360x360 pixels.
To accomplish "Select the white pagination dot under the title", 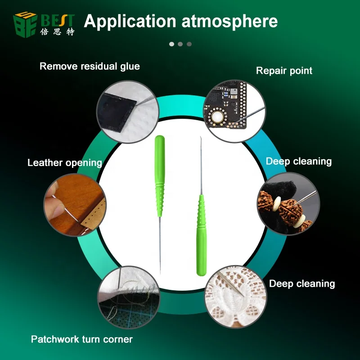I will point(171,44).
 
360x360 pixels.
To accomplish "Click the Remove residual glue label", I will point(90,67).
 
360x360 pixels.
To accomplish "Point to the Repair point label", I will point(284,71).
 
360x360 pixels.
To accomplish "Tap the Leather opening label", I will point(65,163).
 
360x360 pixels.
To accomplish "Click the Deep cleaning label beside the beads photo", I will point(298,162).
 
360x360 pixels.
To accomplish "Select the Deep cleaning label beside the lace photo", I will point(302,283).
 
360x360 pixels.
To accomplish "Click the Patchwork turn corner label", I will point(82,339).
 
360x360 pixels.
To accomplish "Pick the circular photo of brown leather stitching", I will point(75,204).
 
